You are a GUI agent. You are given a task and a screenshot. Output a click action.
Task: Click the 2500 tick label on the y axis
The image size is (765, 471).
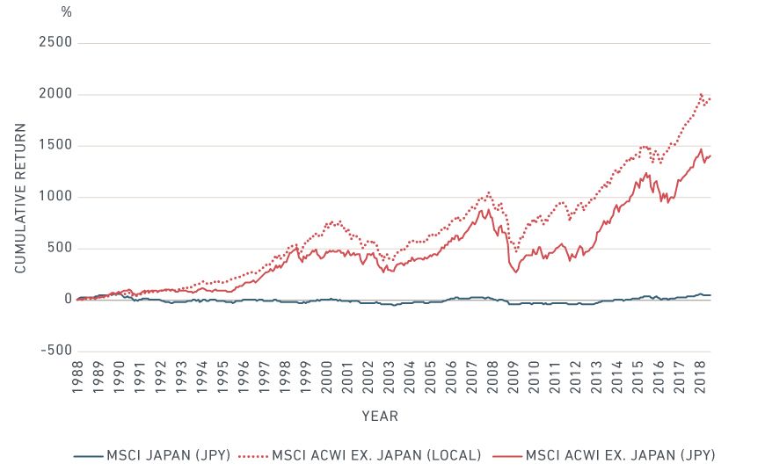pyautogui.click(x=56, y=43)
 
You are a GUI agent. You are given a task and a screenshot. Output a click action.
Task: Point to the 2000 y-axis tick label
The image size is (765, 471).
pyautogui.click(x=56, y=94)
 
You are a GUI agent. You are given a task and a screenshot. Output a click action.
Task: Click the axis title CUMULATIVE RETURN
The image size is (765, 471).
pyautogui.click(x=20, y=197)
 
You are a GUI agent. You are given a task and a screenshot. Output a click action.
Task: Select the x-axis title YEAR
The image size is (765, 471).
pyautogui.click(x=380, y=416)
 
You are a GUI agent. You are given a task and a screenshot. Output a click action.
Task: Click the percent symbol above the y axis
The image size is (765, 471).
pyautogui.click(x=67, y=12)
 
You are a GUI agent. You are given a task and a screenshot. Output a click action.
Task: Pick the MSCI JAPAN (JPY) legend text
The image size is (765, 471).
pyautogui.click(x=168, y=455)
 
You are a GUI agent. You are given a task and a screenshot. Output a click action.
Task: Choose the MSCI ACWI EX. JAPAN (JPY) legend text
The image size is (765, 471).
pyautogui.click(x=620, y=455)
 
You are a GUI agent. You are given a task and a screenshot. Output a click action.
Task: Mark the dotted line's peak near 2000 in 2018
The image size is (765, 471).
pyautogui.click(x=701, y=94)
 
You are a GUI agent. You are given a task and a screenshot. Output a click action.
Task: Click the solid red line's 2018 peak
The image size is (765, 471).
pyautogui.click(x=701, y=149)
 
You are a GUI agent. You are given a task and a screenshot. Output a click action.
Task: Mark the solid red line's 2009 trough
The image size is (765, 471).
pyautogui.click(x=516, y=272)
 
